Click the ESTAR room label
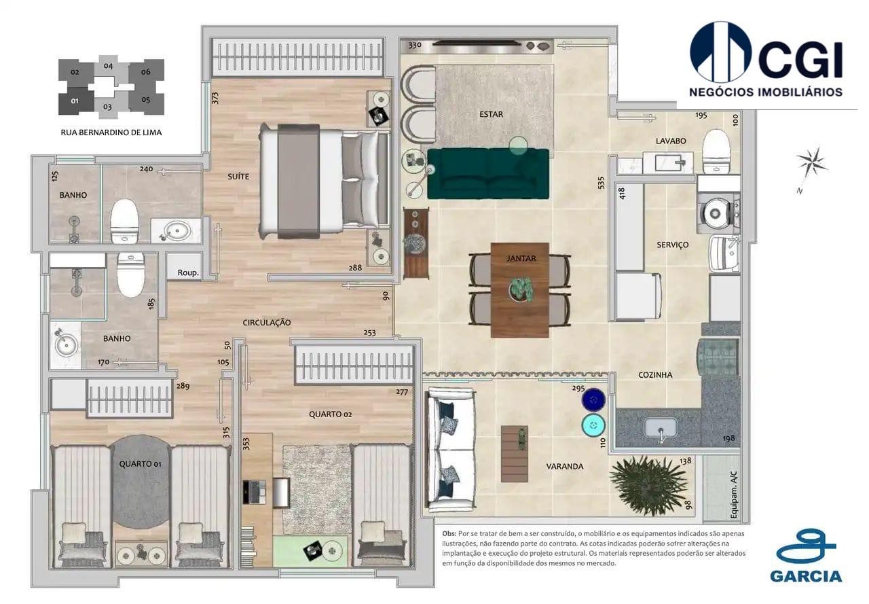[491, 114]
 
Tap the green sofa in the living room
[487, 174]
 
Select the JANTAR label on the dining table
[521, 258]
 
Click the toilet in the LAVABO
[716, 151]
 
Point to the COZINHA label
[655, 375]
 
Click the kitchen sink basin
[660, 428]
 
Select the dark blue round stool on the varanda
[593, 399]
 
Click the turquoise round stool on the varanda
[593, 425]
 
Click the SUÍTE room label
[238, 177]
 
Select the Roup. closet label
[187, 272]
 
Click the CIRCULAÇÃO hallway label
[267, 323]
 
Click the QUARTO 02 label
[330, 414]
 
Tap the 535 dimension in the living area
[600, 183]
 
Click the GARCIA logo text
[806, 576]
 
